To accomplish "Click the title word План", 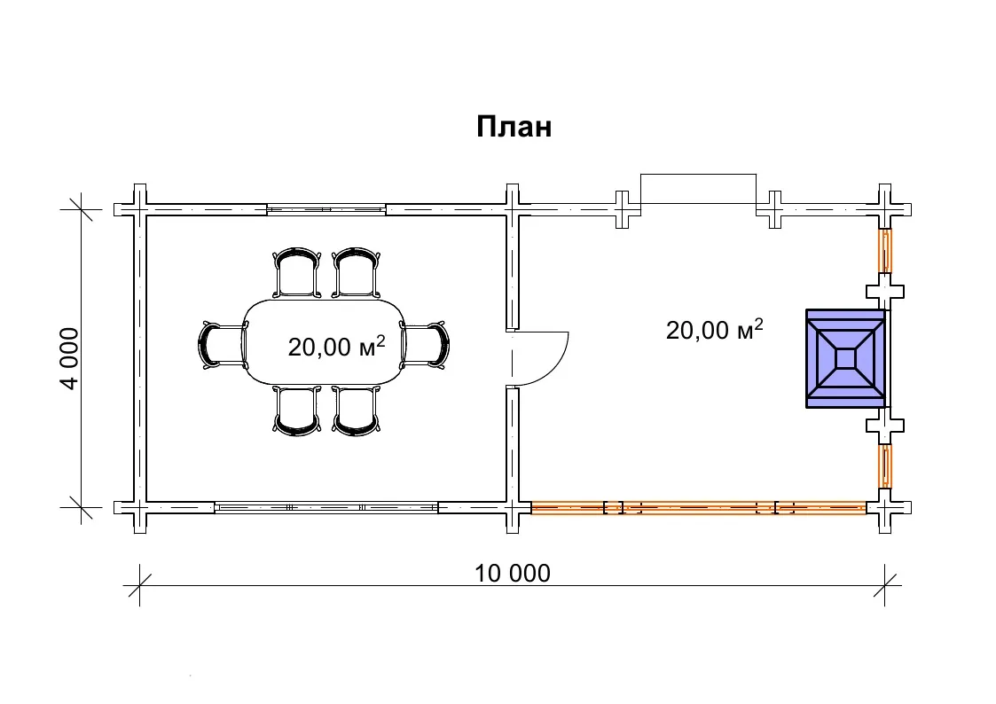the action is click(x=514, y=127).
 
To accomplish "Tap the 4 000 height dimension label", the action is click(x=69, y=359).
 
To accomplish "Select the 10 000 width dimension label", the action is click(x=513, y=574).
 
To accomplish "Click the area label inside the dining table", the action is click(x=337, y=346).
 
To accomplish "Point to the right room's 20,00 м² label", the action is click(x=715, y=329).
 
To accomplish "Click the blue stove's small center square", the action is click(x=845, y=359).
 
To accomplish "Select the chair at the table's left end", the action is click(x=223, y=345).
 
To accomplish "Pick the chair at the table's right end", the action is click(x=424, y=345).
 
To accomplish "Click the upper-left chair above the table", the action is click(x=296, y=272).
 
